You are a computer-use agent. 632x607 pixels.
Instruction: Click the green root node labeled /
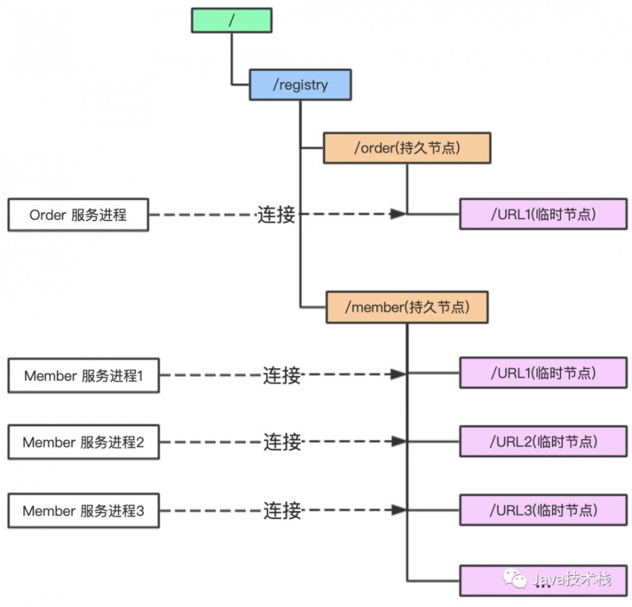click(x=232, y=20)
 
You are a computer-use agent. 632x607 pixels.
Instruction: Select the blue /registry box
click(x=300, y=85)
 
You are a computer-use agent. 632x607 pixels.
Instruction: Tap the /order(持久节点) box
click(x=407, y=148)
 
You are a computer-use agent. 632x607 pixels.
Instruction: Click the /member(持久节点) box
click(x=407, y=308)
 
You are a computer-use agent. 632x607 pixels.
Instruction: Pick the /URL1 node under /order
click(x=544, y=214)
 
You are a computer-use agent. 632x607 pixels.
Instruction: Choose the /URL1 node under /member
click(x=544, y=373)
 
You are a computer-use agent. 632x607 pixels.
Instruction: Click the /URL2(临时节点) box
click(x=544, y=441)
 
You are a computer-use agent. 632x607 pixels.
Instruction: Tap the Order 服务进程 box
click(x=78, y=215)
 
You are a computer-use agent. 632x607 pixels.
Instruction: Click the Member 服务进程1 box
click(x=83, y=376)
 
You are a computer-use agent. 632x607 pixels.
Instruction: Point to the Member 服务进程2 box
click(x=83, y=442)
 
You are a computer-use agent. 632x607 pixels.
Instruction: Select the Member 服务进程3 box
click(x=83, y=511)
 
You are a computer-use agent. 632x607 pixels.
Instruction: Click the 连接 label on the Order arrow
click(x=276, y=215)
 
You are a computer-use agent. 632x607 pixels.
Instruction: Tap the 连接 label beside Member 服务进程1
click(x=282, y=376)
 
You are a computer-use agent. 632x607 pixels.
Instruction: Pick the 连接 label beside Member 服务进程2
click(x=282, y=442)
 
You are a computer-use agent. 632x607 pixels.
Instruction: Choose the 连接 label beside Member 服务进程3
click(x=282, y=510)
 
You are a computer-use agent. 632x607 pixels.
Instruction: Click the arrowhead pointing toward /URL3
click(x=398, y=510)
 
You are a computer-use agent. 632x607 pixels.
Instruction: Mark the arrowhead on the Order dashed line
click(x=398, y=214)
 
